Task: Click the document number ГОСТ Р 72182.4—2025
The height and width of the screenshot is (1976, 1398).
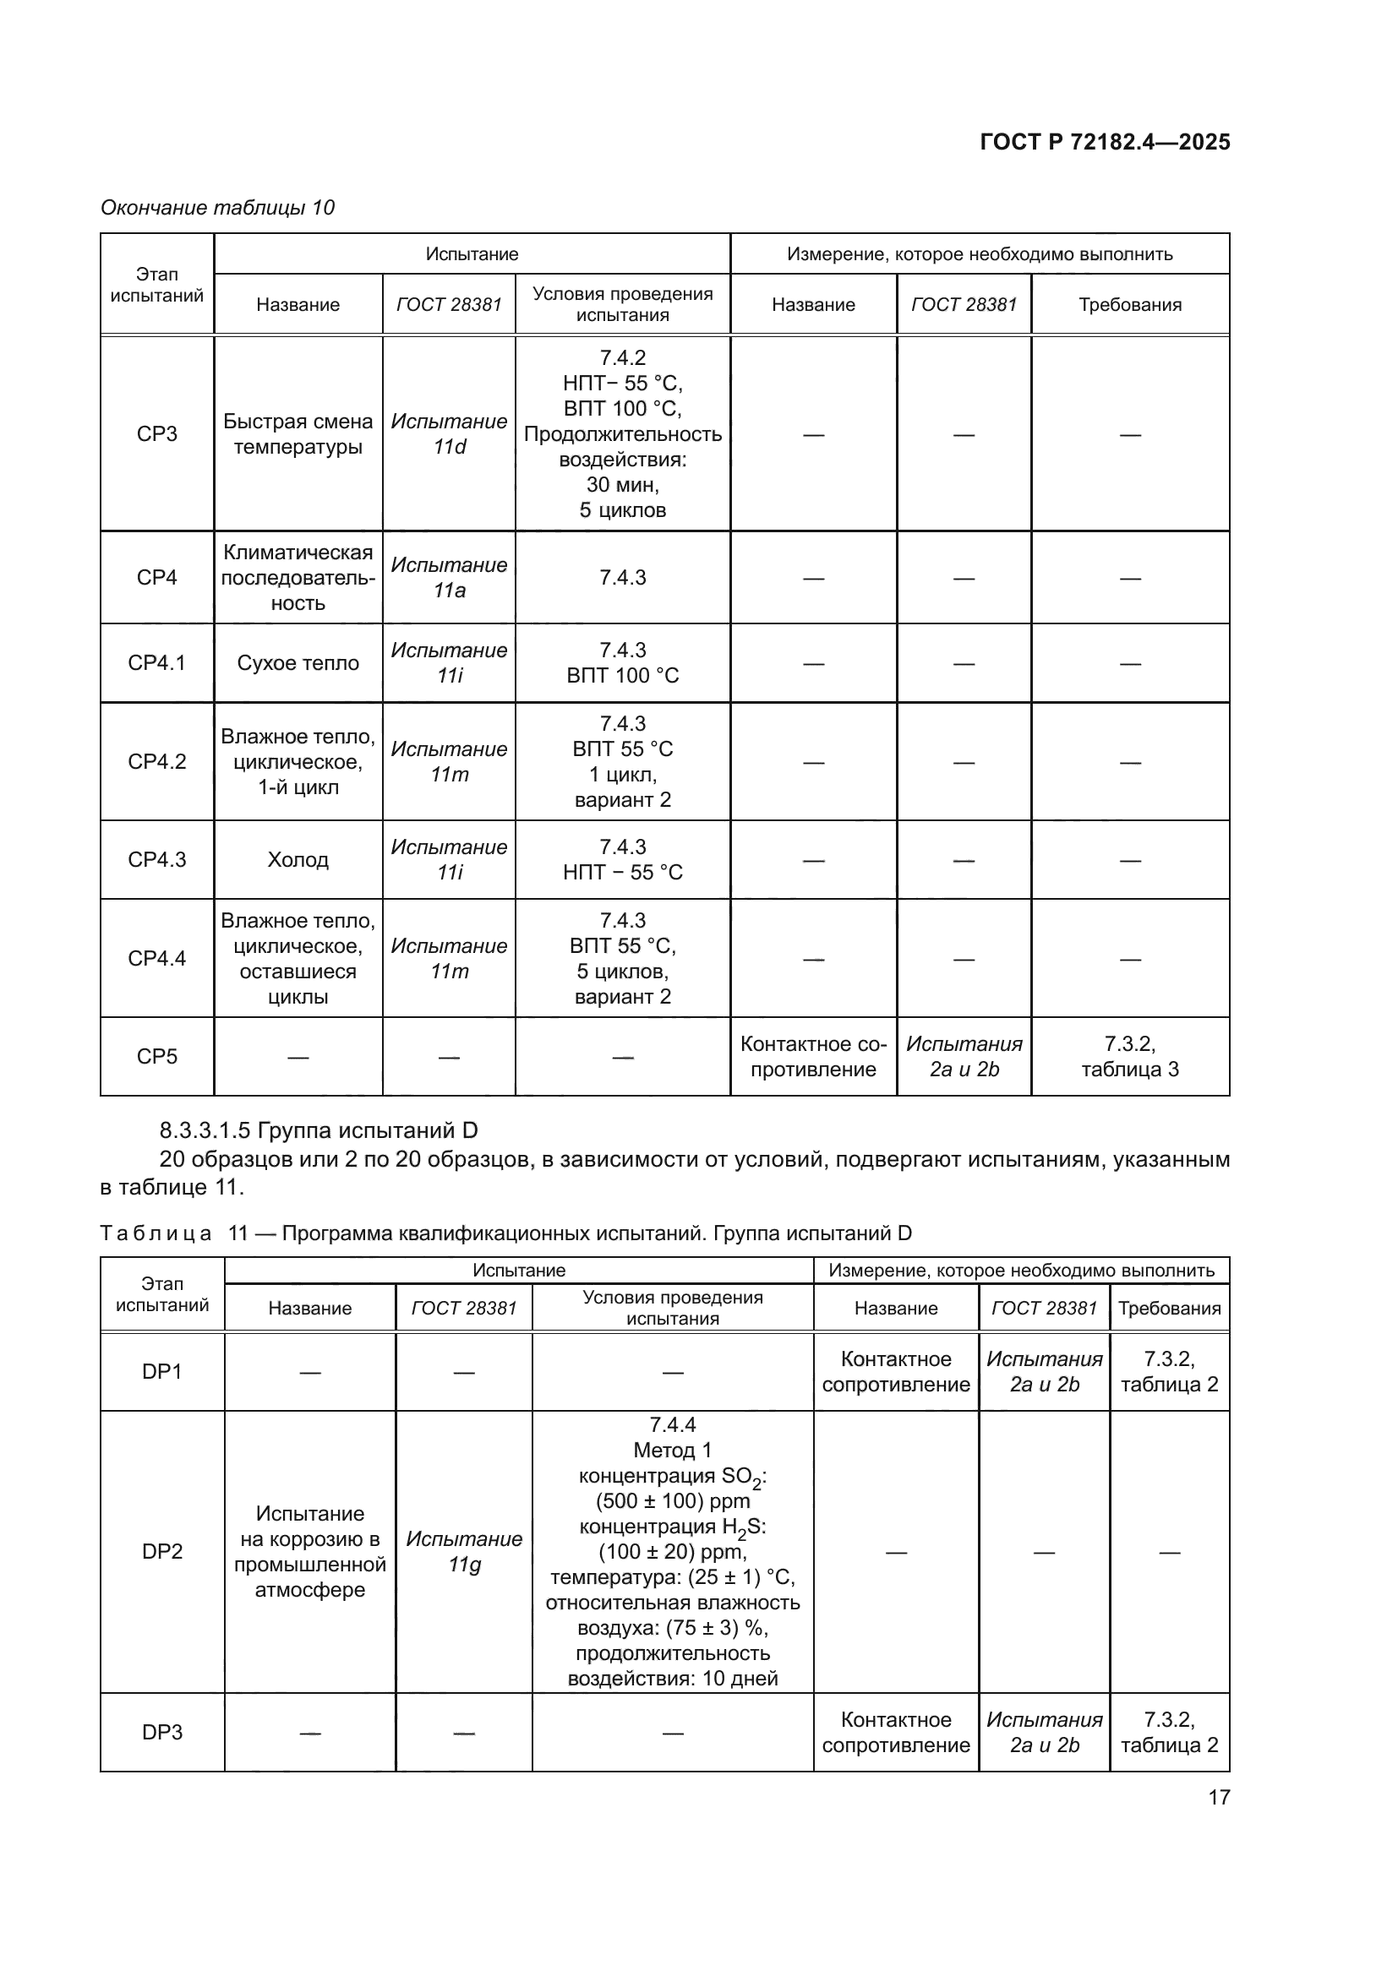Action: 1105,142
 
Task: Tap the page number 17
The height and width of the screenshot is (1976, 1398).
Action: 1219,1797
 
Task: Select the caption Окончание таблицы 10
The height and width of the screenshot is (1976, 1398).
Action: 217,208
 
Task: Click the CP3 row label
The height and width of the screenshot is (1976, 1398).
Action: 156,433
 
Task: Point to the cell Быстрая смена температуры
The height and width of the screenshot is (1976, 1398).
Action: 298,433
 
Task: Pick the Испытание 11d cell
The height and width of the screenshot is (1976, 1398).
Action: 449,433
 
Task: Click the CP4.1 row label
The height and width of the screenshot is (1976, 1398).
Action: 156,662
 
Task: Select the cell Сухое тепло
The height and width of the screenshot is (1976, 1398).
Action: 298,662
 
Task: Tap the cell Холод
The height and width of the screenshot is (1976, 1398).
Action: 298,860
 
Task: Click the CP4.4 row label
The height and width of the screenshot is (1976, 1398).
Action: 156,958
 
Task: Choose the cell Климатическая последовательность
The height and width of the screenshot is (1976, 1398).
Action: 298,578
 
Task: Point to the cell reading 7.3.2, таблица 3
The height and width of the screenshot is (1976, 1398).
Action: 1129,1057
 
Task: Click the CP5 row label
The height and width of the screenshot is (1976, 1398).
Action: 156,1057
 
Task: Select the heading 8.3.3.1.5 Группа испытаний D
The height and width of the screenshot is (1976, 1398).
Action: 319,1130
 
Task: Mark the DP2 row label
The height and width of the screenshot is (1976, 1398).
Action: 161,1552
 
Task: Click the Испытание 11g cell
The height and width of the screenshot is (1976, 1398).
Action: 464,1552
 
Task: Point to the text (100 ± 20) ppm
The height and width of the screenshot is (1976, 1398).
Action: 672,1552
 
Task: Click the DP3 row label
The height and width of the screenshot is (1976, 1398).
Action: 161,1733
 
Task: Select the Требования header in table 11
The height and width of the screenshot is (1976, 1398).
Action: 1169,1308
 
